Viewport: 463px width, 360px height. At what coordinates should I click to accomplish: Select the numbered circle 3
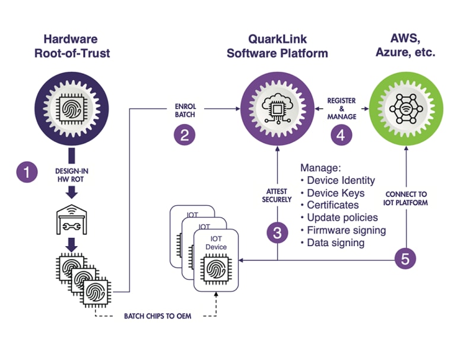pos(277,233)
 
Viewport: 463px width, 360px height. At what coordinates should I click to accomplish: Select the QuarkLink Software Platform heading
pos(277,47)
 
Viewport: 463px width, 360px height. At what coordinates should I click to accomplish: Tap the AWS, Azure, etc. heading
pos(405,46)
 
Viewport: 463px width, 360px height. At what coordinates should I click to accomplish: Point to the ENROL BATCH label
pos(185,111)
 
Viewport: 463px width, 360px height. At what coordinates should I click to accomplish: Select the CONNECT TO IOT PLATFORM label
pos(406,198)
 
